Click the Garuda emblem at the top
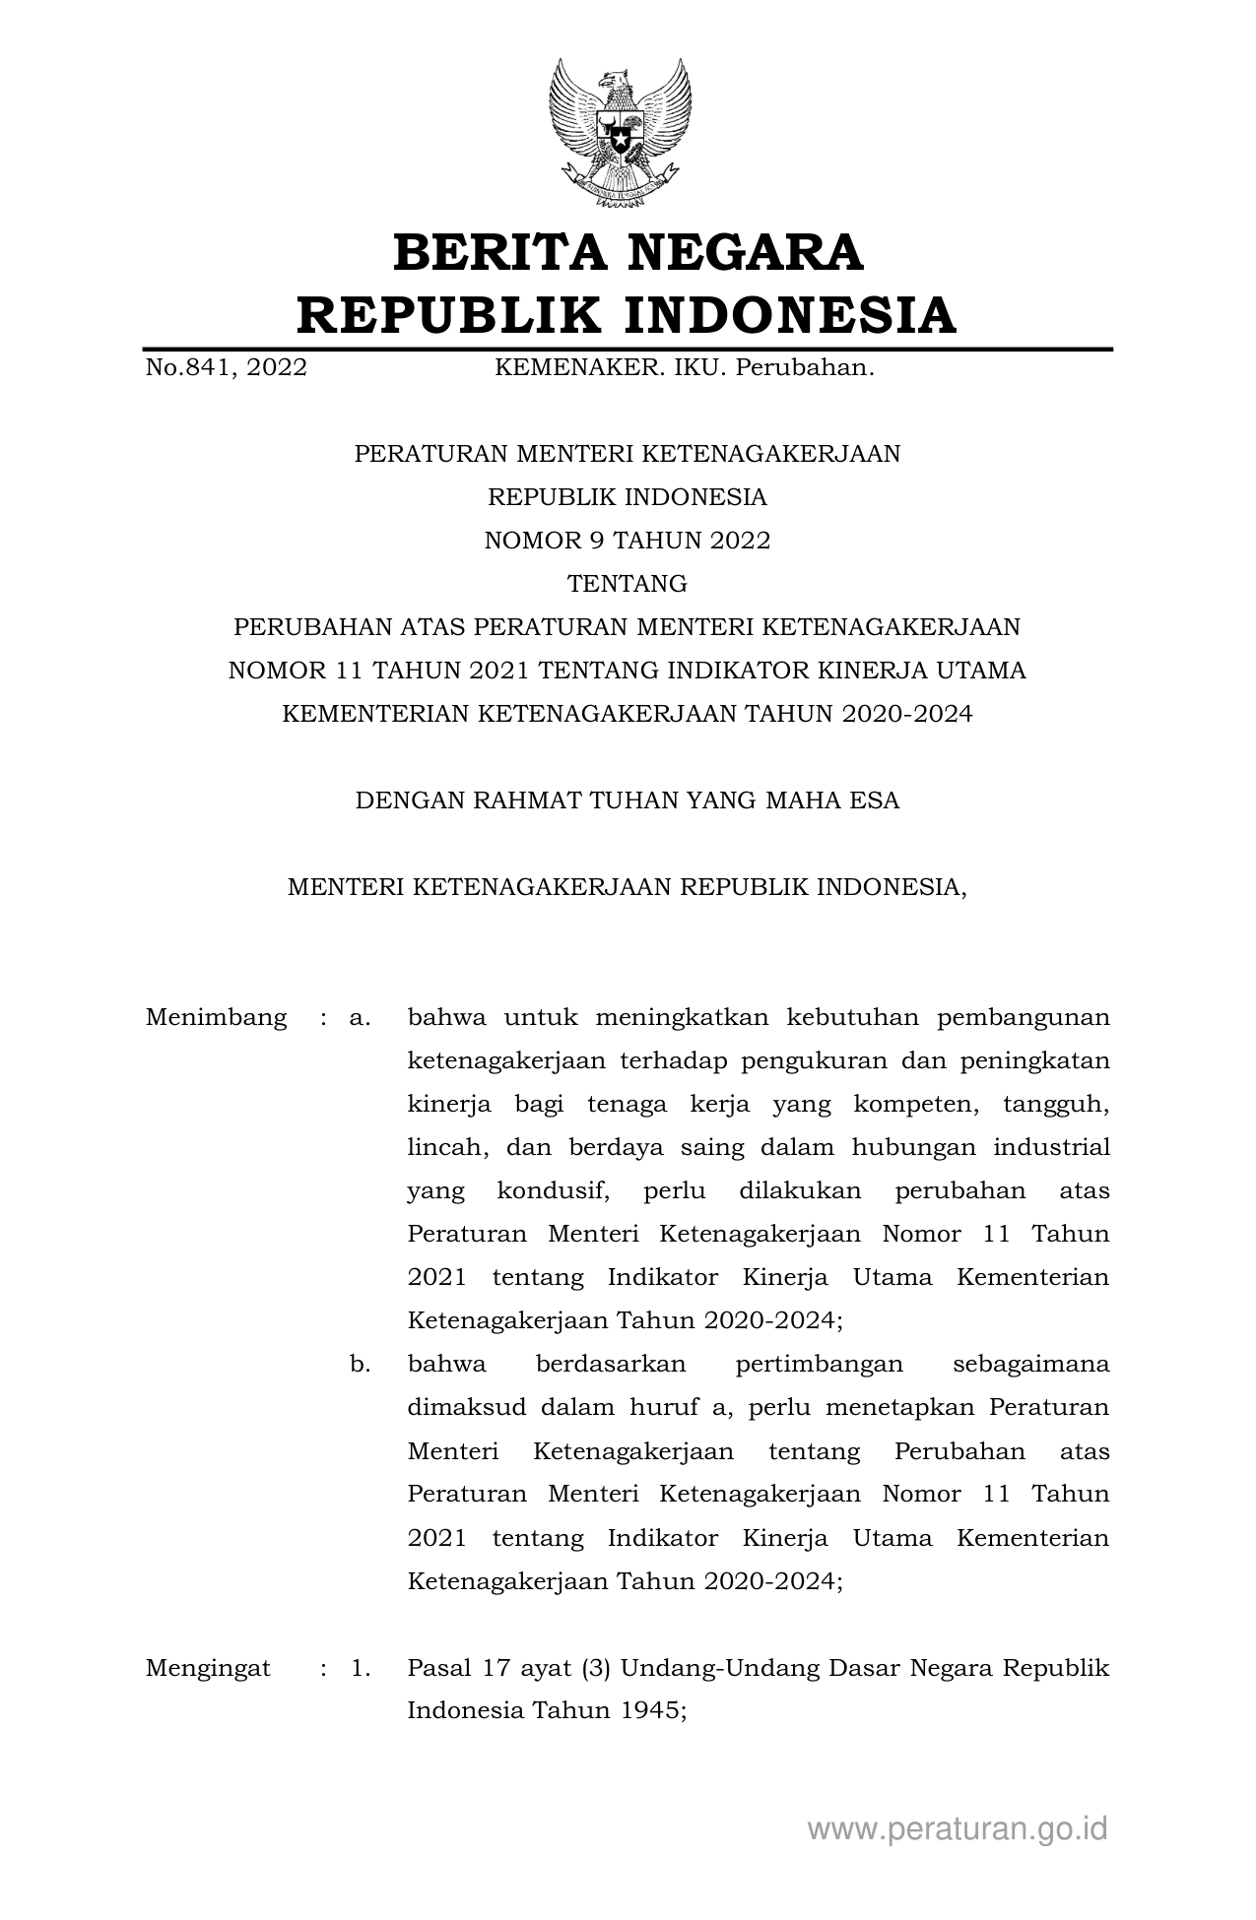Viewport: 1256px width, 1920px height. pyautogui.click(x=620, y=133)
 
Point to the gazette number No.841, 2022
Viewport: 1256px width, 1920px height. pyautogui.click(x=226, y=368)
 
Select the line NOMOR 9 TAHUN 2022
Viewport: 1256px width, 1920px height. pyautogui.click(x=628, y=541)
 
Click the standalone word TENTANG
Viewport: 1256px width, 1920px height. pyautogui.click(x=628, y=584)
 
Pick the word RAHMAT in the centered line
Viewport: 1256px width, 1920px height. pyautogui.click(x=528, y=800)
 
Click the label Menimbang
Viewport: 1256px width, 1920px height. pyautogui.click(x=216, y=1017)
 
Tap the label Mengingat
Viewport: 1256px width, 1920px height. pyautogui.click(x=208, y=1668)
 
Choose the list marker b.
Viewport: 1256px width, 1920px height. pyautogui.click(x=360, y=1364)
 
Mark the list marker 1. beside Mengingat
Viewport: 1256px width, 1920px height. pyautogui.click(x=360, y=1668)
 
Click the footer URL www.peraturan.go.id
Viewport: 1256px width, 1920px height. pyautogui.click(x=958, y=1829)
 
